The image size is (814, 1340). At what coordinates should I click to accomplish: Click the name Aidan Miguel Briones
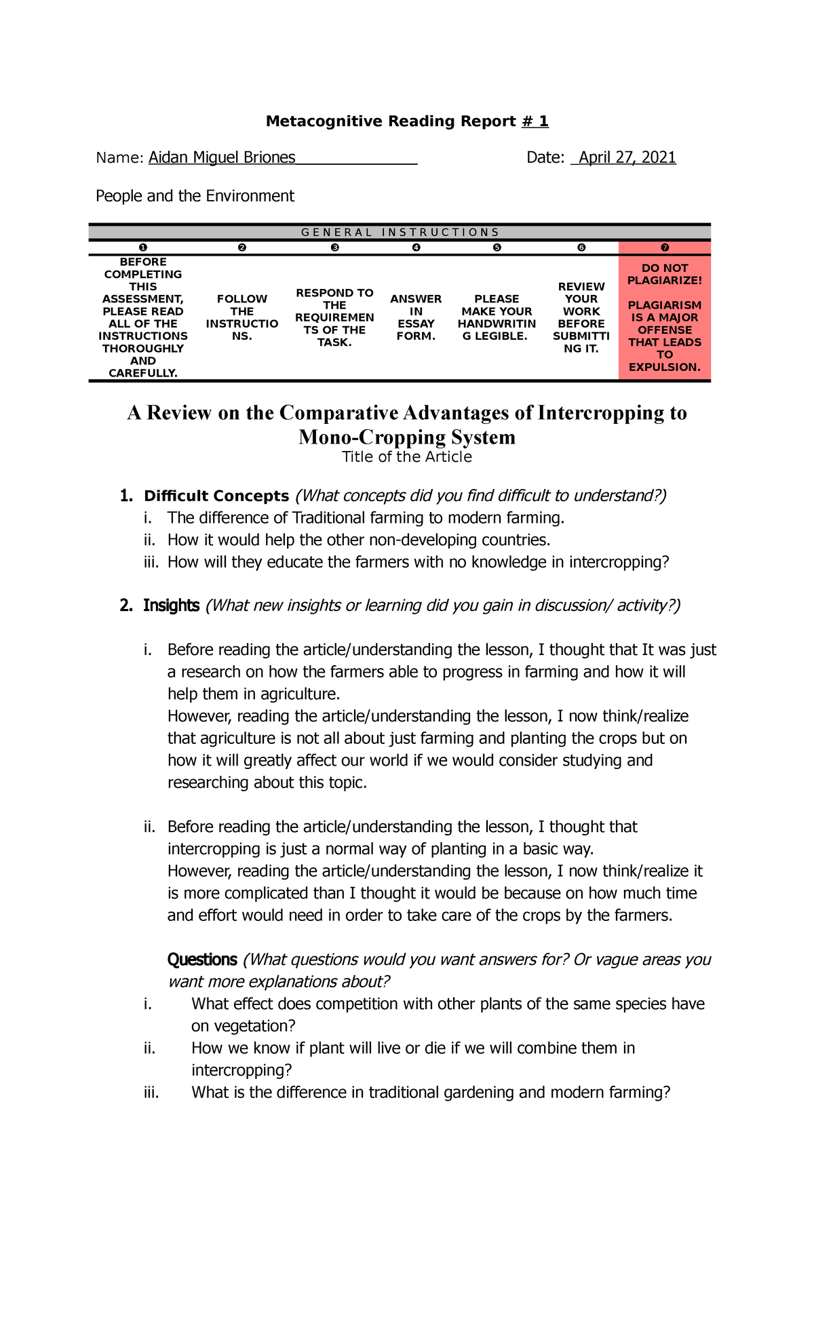point(222,158)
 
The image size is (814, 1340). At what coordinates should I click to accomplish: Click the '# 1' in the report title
point(535,121)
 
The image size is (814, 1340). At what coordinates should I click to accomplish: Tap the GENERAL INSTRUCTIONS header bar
point(400,233)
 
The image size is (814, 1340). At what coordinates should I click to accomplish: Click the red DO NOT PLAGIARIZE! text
point(664,274)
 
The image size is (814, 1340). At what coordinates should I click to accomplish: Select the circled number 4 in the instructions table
point(416,248)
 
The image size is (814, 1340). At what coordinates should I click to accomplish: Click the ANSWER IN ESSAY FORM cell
point(416,317)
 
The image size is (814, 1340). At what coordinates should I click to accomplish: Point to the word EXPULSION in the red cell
point(664,368)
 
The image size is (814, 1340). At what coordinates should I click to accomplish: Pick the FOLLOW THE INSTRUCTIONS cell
point(241,317)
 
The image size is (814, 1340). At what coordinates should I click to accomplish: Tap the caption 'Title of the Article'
point(406,457)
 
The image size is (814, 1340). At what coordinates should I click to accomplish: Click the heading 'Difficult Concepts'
point(216,496)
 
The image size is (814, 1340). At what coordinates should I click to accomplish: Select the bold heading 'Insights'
point(171,606)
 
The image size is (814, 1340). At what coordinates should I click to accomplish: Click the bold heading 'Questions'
point(202,960)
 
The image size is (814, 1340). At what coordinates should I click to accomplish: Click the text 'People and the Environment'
point(195,197)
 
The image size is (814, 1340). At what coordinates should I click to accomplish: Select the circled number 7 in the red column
point(664,248)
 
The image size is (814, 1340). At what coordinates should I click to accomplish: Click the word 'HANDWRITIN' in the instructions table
point(497,324)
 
